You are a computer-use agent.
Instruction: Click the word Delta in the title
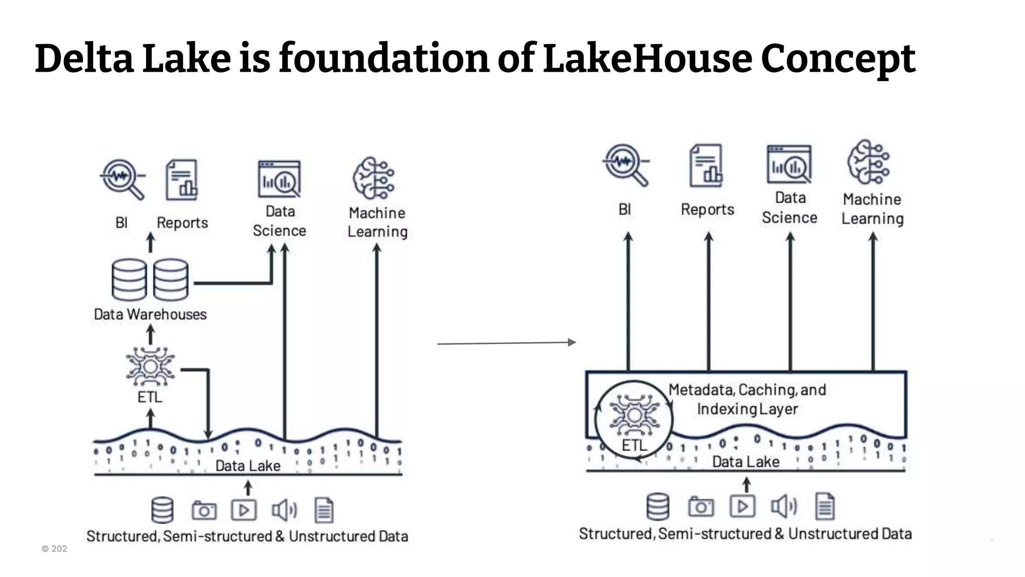84,59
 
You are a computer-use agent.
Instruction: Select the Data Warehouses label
150,315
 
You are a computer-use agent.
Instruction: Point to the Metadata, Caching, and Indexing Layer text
747,399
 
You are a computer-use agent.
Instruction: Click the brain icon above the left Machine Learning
374,178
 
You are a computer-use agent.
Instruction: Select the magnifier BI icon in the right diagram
625,165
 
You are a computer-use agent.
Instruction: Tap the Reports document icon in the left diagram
182,179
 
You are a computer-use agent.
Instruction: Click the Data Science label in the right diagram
790,208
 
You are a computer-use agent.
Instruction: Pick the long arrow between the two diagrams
506,343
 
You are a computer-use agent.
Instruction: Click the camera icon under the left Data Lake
204,510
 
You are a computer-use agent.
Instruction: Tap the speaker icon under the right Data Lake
783,506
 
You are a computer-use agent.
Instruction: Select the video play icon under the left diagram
244,510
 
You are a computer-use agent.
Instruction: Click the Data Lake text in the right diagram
746,462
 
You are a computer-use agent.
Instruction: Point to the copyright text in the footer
54,549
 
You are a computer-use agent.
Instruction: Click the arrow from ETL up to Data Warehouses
150,335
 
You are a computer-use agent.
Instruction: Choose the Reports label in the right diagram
707,209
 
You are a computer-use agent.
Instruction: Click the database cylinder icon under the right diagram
658,506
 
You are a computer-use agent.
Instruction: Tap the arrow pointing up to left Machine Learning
377,341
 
